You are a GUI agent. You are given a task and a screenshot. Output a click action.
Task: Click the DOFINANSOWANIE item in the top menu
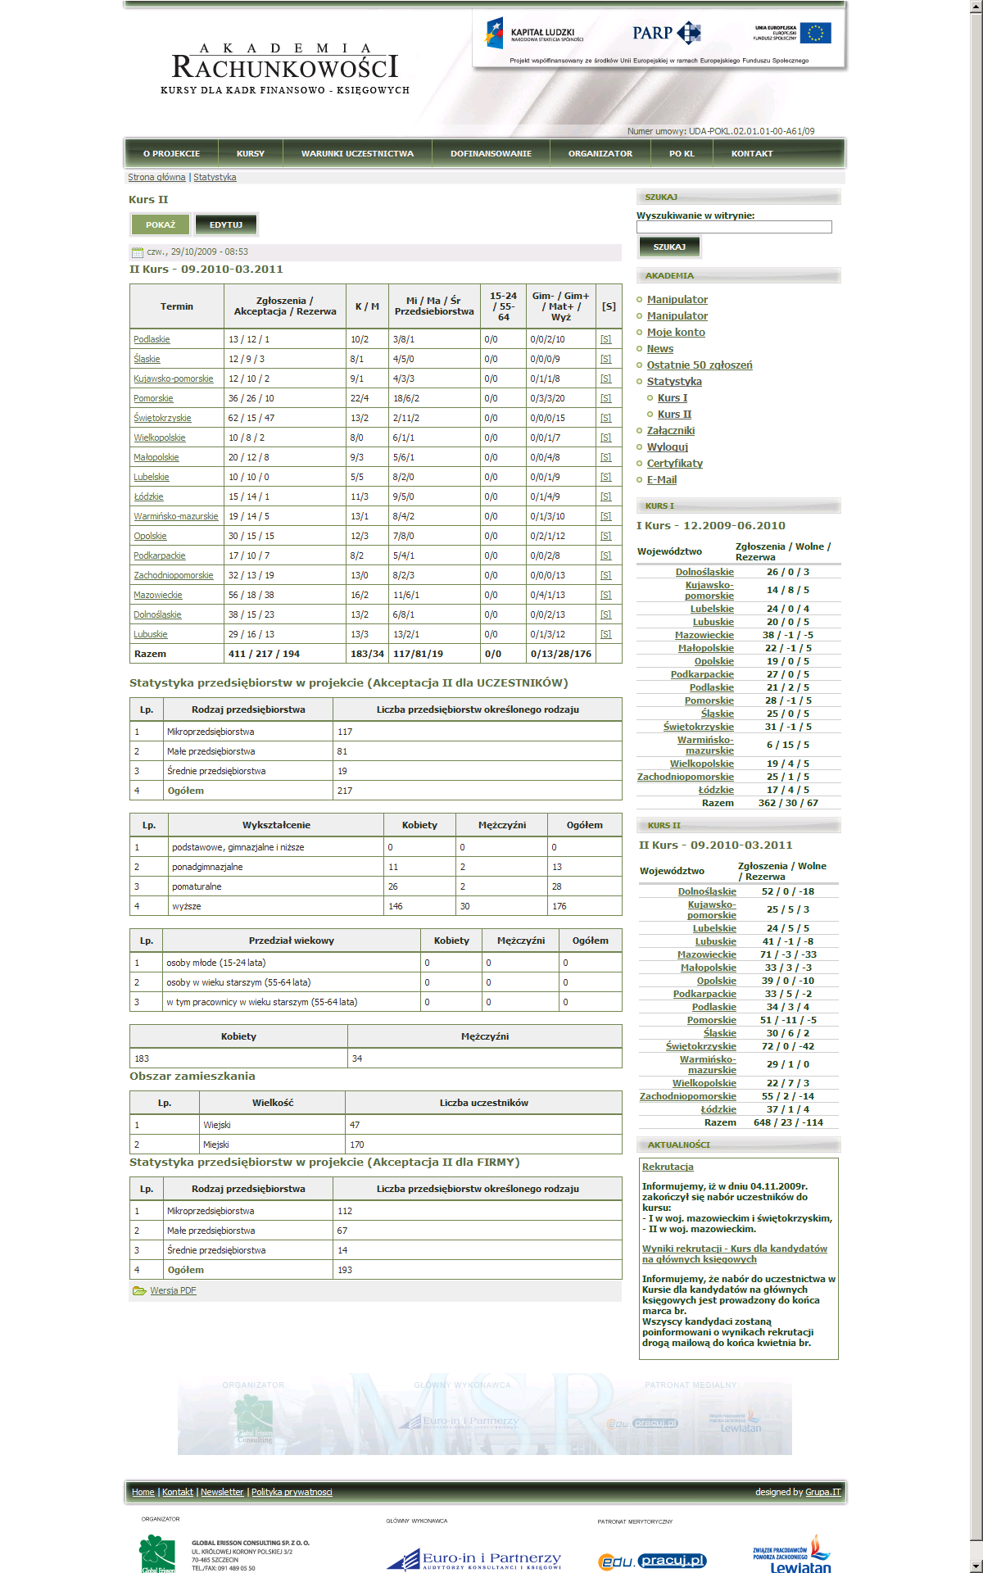tap(491, 154)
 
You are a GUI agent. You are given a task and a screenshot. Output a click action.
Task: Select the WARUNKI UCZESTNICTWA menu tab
tap(357, 154)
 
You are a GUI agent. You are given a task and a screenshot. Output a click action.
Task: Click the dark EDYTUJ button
tap(226, 224)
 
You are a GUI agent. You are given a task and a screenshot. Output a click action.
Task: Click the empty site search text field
tap(734, 227)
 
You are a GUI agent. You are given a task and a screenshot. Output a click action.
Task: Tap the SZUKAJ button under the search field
tap(669, 247)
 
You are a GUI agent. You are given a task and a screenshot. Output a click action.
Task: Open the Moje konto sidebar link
tap(676, 333)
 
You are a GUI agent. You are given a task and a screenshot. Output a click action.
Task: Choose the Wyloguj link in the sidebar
tap(668, 447)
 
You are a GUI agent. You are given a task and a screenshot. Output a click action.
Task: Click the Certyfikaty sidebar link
tap(675, 464)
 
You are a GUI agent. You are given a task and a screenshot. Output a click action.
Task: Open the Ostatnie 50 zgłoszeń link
tap(700, 365)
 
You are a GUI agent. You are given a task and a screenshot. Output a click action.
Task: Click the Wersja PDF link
tap(173, 1290)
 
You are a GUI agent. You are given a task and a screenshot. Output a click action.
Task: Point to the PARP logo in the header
tap(666, 33)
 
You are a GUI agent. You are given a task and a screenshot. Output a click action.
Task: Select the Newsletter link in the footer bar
tap(222, 1492)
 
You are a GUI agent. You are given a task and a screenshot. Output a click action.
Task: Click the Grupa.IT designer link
tap(822, 1492)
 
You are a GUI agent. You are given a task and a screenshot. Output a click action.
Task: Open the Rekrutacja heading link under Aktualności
tap(668, 1167)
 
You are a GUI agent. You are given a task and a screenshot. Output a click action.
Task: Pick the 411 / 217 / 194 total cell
tap(264, 654)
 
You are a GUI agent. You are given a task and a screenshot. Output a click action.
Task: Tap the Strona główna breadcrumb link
tap(156, 177)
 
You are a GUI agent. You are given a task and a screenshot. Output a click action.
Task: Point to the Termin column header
tap(177, 306)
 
